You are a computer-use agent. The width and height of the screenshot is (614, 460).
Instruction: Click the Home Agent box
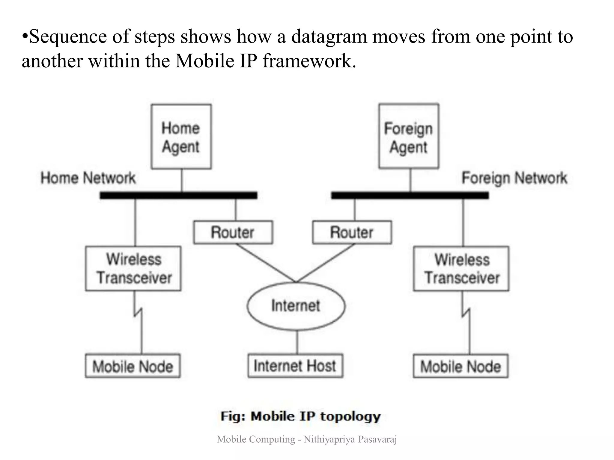tap(181, 137)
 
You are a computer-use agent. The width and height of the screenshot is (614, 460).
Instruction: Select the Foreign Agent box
tap(409, 137)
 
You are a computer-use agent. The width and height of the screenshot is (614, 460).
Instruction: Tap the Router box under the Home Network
tap(233, 232)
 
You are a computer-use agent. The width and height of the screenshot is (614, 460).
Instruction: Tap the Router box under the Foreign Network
tap(352, 232)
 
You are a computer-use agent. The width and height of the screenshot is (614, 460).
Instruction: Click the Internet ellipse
tap(296, 306)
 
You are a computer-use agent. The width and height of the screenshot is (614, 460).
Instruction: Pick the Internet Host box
tap(295, 366)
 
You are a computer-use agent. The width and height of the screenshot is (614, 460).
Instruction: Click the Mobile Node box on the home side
tap(133, 366)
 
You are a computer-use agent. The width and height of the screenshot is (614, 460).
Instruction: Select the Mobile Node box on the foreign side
tap(460, 366)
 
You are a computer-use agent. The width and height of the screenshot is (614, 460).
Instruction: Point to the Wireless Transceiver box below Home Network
tap(133, 269)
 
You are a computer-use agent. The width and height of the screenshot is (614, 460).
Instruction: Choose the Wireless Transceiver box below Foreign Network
tap(461, 269)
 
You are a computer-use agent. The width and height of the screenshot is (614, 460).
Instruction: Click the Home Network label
tap(88, 178)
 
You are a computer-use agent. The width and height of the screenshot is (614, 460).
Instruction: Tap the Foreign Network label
tap(514, 178)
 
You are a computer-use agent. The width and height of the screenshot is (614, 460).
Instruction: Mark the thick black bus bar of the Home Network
tap(178, 196)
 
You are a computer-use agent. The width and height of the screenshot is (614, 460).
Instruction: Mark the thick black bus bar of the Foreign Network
tap(410, 196)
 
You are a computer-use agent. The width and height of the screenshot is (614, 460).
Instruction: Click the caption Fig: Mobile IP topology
tap(300, 416)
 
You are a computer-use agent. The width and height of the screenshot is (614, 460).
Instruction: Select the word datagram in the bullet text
tap(329, 37)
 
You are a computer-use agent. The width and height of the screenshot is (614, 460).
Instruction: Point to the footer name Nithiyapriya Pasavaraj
tap(350, 439)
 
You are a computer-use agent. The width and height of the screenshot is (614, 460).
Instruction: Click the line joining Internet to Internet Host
tap(297, 342)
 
